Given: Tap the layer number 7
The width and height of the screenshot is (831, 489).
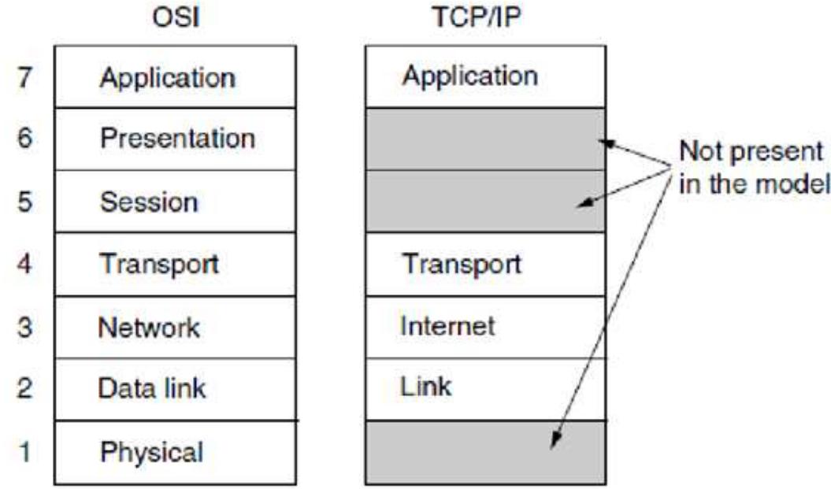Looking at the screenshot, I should [x=24, y=78].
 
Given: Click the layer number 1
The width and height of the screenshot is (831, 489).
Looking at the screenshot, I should [x=24, y=453].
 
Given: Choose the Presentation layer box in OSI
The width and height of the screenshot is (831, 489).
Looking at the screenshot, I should [x=176, y=139].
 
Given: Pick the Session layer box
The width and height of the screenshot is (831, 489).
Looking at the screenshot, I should [x=176, y=202].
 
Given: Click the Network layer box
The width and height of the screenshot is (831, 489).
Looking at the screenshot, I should [x=176, y=327].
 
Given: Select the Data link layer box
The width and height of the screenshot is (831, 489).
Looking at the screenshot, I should [x=176, y=389].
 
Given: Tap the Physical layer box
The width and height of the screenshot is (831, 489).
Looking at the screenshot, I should [x=176, y=453].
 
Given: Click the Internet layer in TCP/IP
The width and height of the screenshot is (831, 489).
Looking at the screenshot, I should [x=485, y=325].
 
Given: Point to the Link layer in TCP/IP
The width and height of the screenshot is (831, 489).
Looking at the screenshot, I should [x=485, y=388].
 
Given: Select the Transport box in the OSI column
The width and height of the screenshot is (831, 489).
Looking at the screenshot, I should [x=176, y=265].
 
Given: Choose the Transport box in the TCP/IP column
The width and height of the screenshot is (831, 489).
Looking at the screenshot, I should [x=485, y=264].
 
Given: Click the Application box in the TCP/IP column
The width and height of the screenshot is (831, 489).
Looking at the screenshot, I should [x=485, y=76].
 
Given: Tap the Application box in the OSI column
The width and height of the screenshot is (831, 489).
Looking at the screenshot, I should [x=176, y=78].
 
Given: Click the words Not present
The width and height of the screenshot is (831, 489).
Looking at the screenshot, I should [x=751, y=150].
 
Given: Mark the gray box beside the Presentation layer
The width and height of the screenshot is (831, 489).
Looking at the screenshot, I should [x=485, y=139].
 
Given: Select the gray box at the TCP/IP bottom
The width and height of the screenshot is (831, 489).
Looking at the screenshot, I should [x=485, y=452].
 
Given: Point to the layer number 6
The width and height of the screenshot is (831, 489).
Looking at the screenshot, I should [x=24, y=139].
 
